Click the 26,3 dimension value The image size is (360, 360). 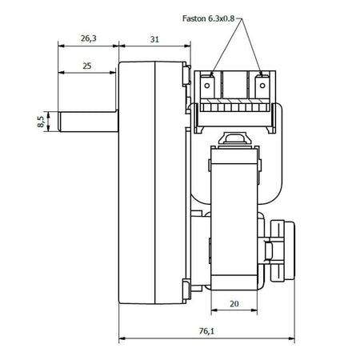[x=89, y=38]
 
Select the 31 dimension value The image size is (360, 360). [x=154, y=39]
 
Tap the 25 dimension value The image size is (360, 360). [x=87, y=66]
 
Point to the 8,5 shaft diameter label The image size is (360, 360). [x=41, y=122]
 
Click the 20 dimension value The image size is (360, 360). [x=234, y=304]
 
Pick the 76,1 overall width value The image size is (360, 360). [x=206, y=331]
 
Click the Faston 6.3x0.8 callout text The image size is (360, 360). [x=209, y=18]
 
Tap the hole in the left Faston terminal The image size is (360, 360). [x=207, y=86]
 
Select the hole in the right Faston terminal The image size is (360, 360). [x=262, y=86]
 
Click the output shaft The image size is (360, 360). [x=88, y=122]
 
